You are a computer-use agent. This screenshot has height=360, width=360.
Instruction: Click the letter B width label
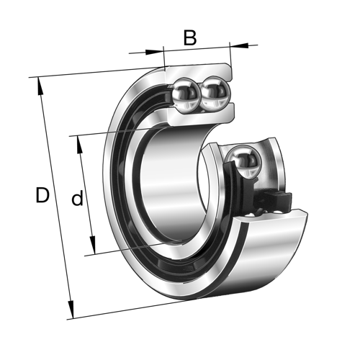[189, 37]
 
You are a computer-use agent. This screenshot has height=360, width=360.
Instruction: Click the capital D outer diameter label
[43, 195]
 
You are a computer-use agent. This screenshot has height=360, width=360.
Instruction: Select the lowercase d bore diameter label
[77, 198]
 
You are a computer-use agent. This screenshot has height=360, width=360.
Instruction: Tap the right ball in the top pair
[215, 93]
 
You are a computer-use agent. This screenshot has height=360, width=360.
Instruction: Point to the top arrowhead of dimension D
[40, 82]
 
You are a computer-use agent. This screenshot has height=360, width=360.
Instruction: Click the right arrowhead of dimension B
[235, 46]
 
